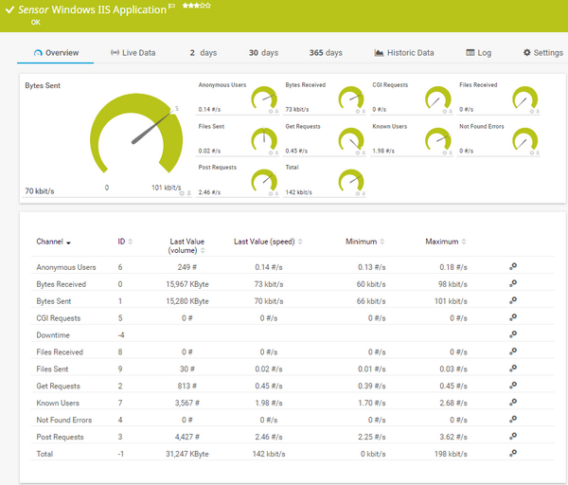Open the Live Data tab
point(133,53)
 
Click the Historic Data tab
point(404,53)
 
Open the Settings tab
point(542,53)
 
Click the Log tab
point(478,53)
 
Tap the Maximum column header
point(441,242)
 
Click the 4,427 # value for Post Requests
point(192,438)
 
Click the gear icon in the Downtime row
point(513,334)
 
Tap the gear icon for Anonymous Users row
point(513,267)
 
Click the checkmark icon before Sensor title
point(9,9)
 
